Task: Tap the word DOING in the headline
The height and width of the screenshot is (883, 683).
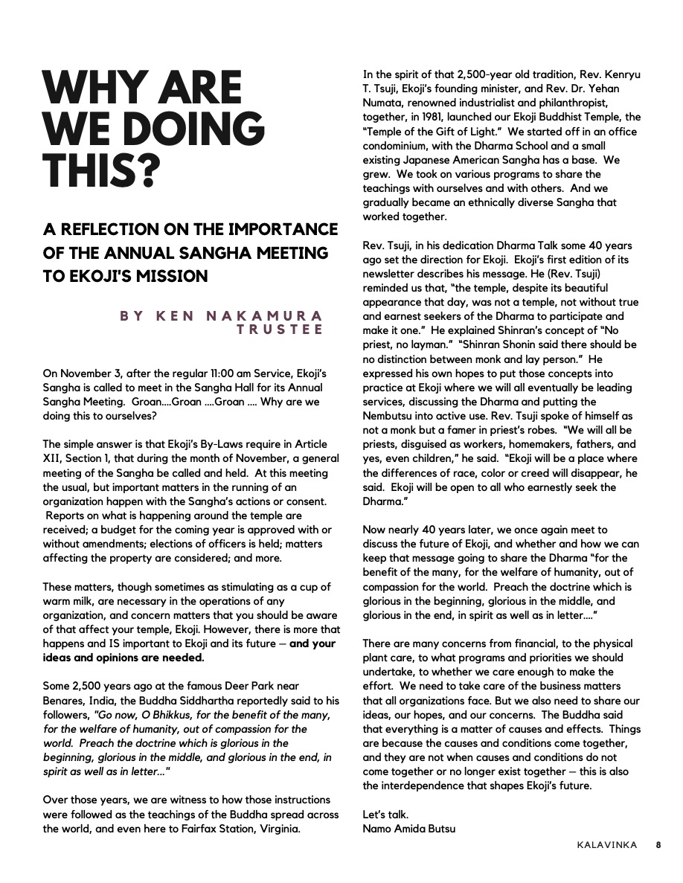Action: click(191, 130)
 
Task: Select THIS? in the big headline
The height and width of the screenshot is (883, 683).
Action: click(102, 171)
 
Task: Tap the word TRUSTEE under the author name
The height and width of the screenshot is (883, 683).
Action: click(280, 329)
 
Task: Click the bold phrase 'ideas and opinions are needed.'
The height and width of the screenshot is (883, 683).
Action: click(123, 658)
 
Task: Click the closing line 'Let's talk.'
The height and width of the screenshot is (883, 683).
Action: click(385, 815)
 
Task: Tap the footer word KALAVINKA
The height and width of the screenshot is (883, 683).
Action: click(606, 844)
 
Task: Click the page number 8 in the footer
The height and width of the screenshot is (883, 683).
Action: click(658, 844)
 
